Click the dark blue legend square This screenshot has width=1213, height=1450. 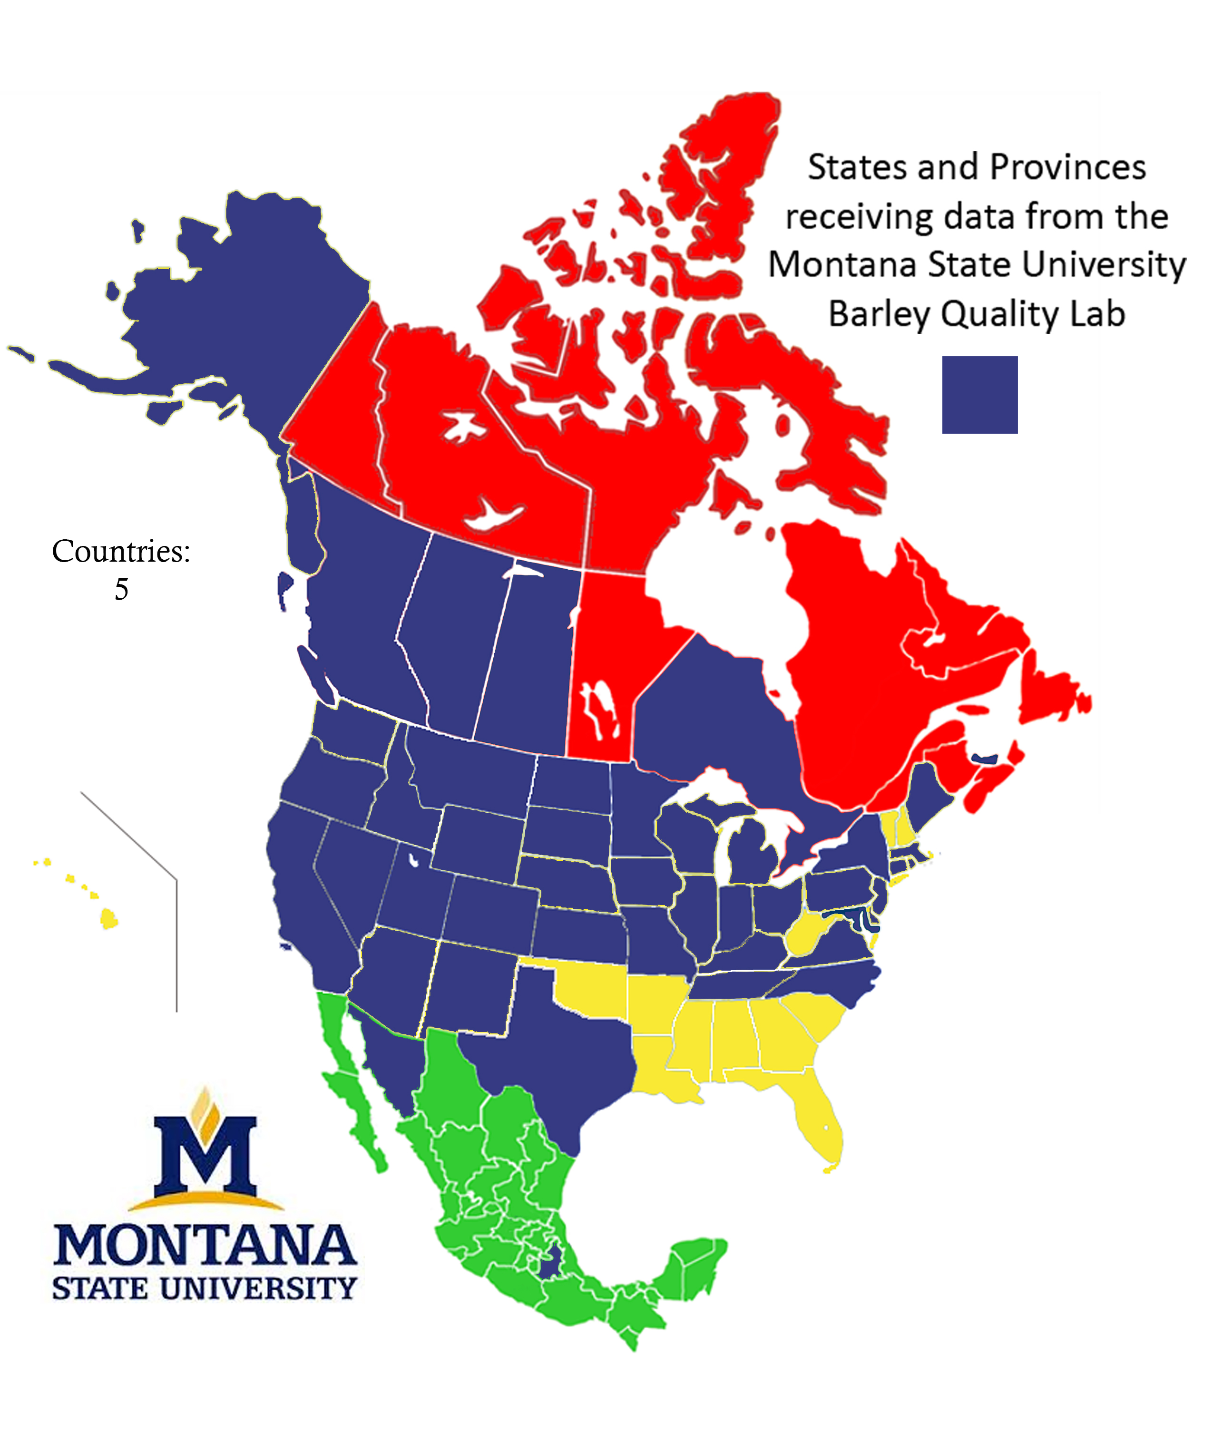pos(979,394)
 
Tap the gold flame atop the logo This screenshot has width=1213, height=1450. pos(205,1108)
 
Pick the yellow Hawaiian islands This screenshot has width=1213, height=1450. pos(108,918)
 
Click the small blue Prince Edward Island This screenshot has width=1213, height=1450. pos(984,759)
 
